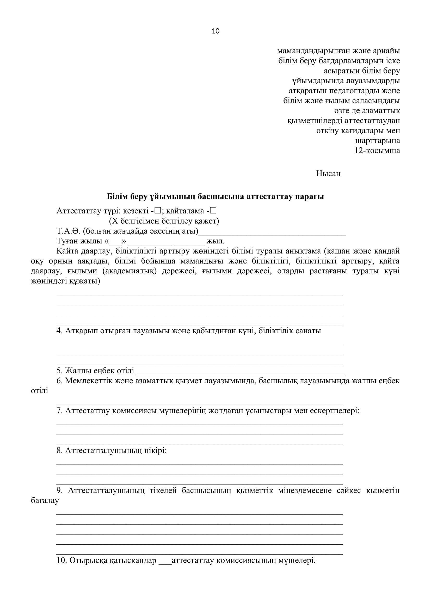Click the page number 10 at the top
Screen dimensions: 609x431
(x=215, y=31)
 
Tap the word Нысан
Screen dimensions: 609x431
(x=328, y=173)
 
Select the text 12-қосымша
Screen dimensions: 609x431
(x=377, y=151)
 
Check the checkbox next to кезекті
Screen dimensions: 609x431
(x=158, y=211)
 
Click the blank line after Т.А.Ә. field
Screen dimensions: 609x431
(x=272, y=232)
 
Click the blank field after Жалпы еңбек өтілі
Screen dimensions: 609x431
(x=240, y=371)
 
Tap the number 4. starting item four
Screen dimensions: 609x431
(x=59, y=331)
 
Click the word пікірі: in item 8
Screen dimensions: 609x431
(x=156, y=450)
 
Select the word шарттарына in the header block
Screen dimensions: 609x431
(x=377, y=141)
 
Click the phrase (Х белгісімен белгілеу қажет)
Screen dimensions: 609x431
(x=164, y=221)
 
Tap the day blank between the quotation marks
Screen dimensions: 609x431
(x=115, y=241)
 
